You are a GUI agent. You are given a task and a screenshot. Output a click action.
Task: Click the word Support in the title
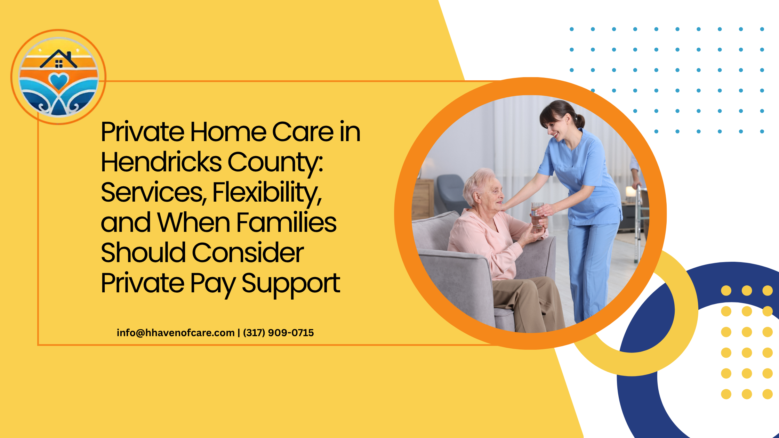pyautogui.click(x=291, y=284)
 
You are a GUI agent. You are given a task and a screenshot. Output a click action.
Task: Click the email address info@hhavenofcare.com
pyautogui.click(x=176, y=333)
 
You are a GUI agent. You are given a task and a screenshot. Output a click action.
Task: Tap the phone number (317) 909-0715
pyautogui.click(x=279, y=333)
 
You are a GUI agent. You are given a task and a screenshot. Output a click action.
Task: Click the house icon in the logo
pyautogui.click(x=58, y=59)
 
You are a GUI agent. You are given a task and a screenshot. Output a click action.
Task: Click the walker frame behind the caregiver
pyautogui.click(x=639, y=222)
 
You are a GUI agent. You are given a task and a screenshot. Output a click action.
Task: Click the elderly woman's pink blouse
pyautogui.click(x=487, y=243)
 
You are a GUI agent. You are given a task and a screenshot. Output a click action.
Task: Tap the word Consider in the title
pyautogui.click(x=248, y=253)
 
